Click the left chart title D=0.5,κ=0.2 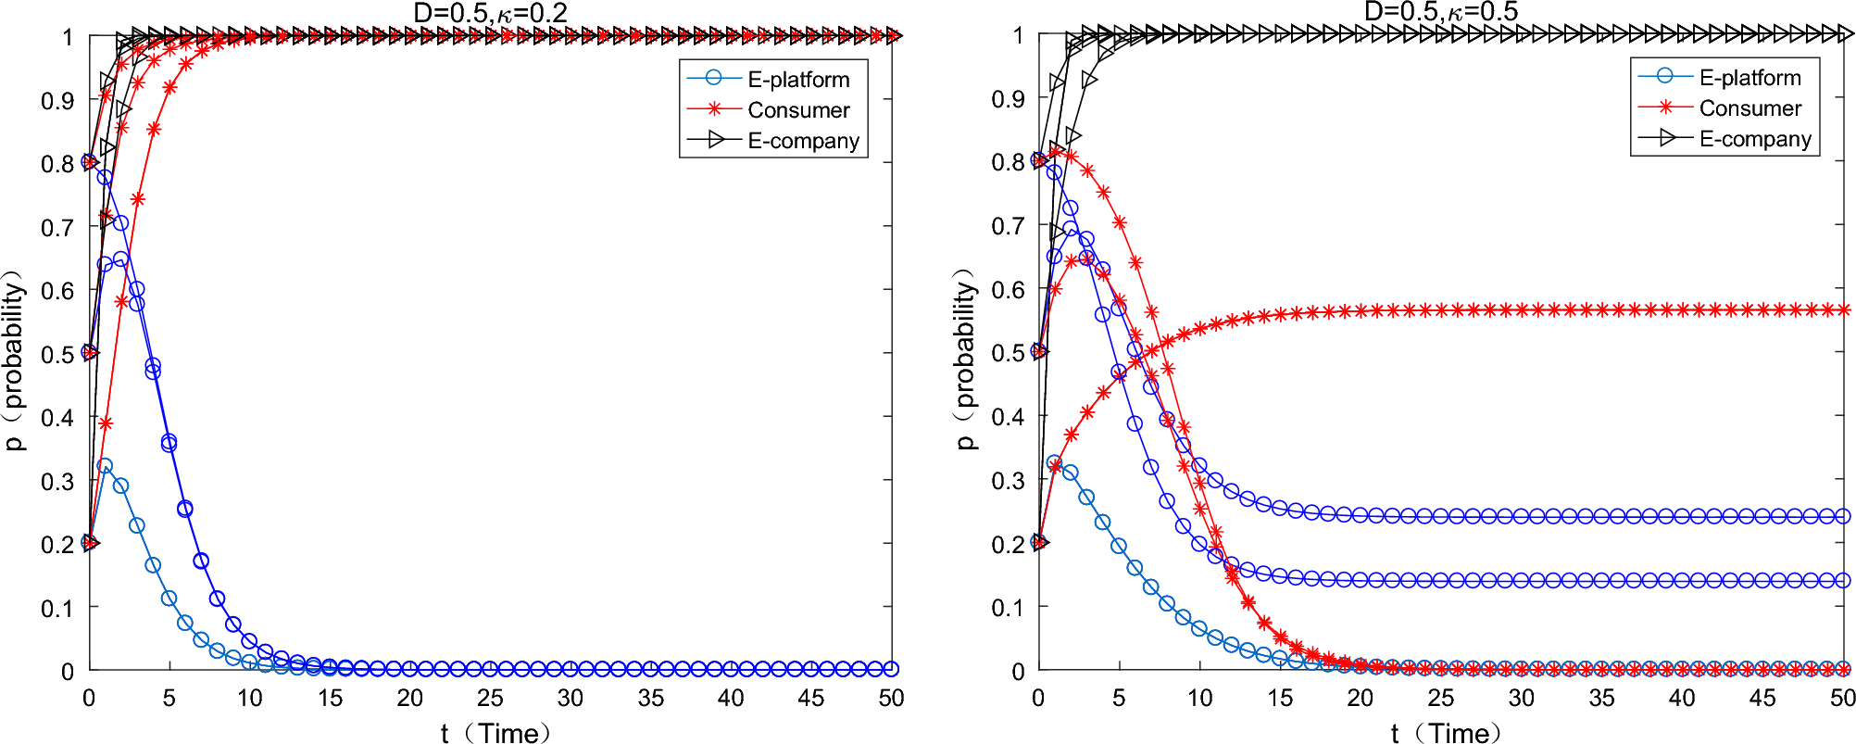[x=490, y=12]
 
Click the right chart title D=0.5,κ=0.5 [x=1441, y=11]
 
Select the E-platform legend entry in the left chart [x=798, y=80]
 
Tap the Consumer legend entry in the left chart [x=798, y=110]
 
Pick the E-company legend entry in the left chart [x=803, y=141]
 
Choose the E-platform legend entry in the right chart [x=1749, y=78]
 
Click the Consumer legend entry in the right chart [x=1749, y=108]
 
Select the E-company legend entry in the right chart [x=1754, y=139]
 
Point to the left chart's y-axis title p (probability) [x=15, y=360]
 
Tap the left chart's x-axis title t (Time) [x=496, y=733]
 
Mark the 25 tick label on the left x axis [x=490, y=699]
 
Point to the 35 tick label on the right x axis [x=1601, y=699]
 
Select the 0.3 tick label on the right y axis [x=1008, y=481]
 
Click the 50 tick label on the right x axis [x=1842, y=699]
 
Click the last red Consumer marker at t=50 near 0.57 [x=1843, y=309]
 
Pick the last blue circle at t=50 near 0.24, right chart [x=1843, y=516]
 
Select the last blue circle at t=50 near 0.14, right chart [x=1843, y=580]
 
